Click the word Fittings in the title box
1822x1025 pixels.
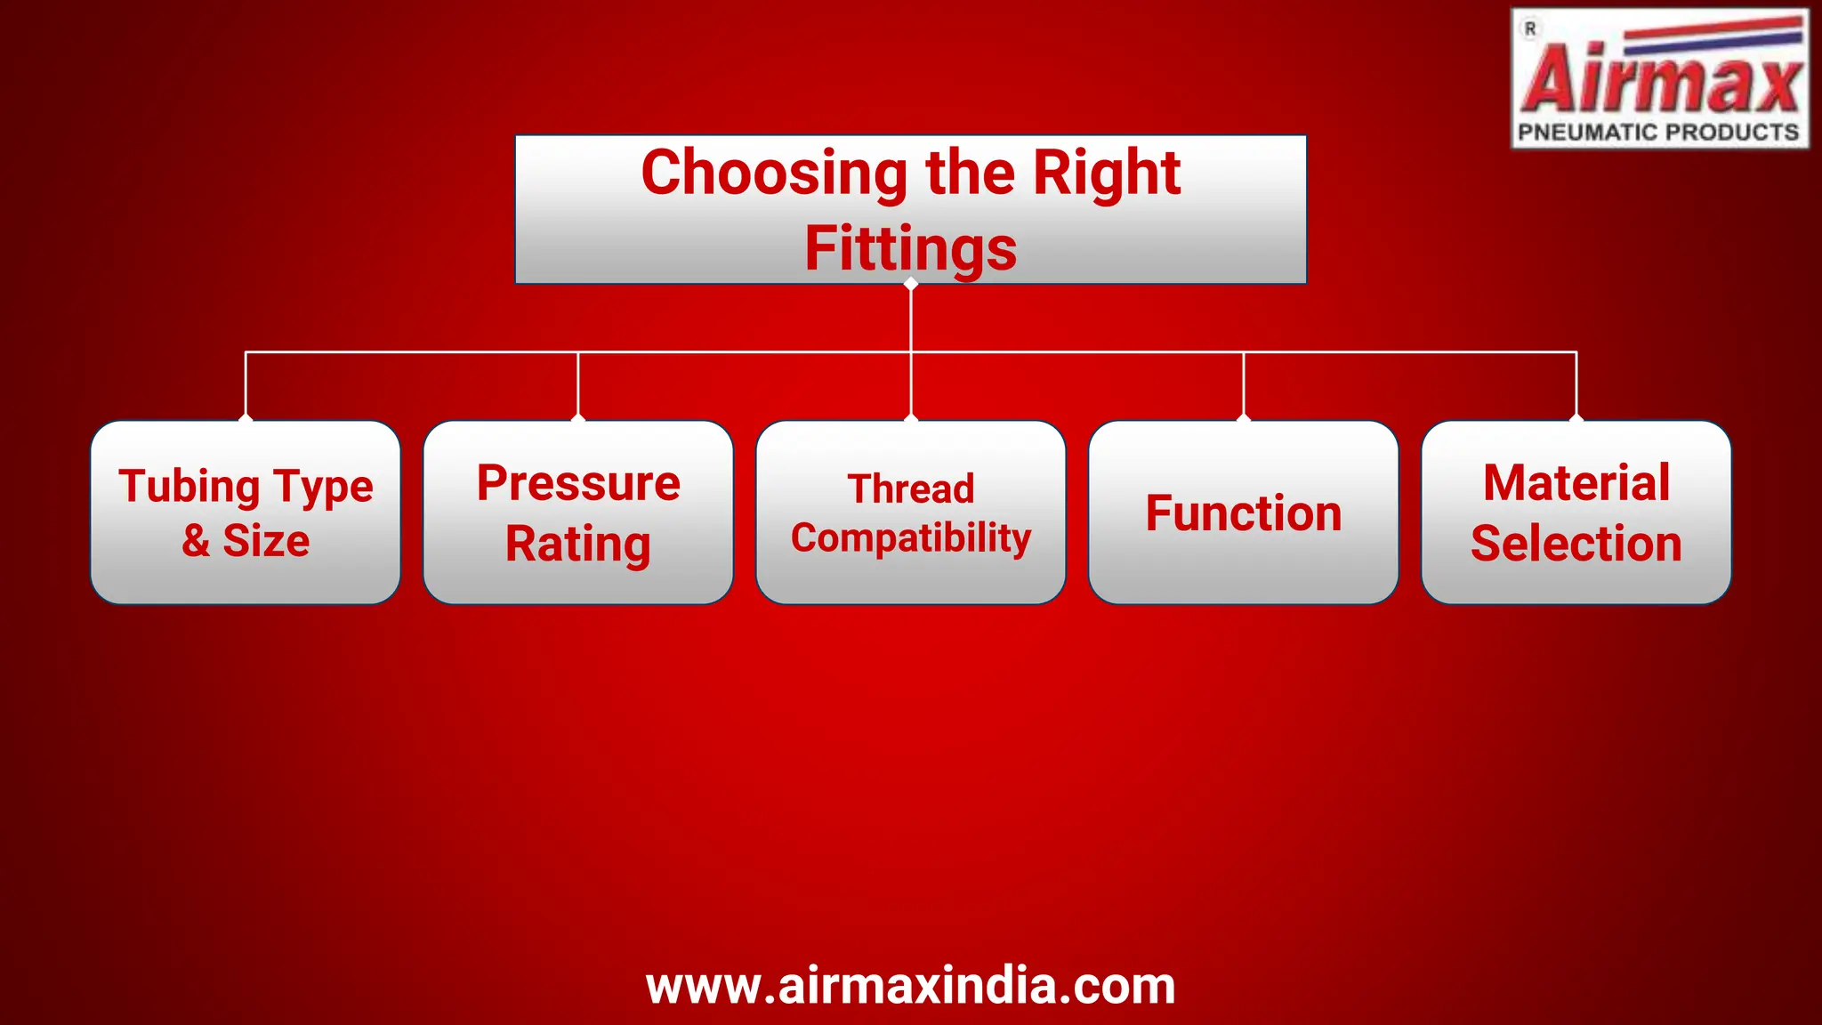click(910, 249)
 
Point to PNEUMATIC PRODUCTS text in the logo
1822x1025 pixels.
click(1658, 133)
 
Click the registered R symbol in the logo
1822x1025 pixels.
click(1530, 29)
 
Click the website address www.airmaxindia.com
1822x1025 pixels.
click(910, 986)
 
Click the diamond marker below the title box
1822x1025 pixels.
click(910, 284)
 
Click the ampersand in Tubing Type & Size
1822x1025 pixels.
click(196, 541)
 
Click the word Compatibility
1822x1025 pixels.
click(910, 538)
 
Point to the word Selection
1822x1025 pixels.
click(1576, 544)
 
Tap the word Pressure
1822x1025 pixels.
click(578, 483)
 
